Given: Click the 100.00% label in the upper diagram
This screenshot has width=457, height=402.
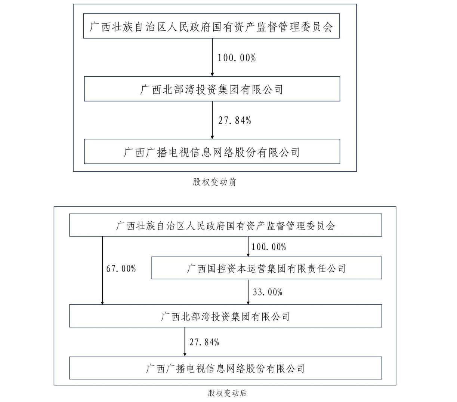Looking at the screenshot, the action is coord(237,58).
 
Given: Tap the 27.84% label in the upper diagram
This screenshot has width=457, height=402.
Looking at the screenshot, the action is coord(235,120).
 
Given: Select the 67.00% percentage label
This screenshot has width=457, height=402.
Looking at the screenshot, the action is coord(121,269).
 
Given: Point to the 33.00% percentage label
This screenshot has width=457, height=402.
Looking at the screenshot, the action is coord(268,292).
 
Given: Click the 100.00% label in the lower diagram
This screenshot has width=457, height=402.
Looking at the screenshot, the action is coord(269,247).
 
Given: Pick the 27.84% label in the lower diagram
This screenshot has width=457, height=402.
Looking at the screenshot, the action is coord(204,342).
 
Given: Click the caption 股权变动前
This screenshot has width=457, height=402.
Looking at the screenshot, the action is coord(214,182).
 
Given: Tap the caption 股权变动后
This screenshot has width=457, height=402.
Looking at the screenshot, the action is coord(227,393).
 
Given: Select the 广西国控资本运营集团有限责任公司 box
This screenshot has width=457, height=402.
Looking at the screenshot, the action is coord(267,268).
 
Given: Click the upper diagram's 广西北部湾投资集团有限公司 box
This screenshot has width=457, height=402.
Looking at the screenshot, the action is coord(212,89).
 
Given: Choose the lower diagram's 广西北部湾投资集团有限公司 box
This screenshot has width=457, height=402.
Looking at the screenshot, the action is coord(226,316).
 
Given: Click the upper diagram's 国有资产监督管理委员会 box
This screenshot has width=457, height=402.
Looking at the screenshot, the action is coord(211,26).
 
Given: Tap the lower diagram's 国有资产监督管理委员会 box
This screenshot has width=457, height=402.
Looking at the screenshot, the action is coord(226,225).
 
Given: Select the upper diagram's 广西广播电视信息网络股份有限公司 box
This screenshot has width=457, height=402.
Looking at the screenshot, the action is coord(212,151).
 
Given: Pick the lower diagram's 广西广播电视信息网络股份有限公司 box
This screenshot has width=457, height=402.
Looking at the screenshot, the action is coord(226,368).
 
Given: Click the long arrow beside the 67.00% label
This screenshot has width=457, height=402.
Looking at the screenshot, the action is coord(102,270).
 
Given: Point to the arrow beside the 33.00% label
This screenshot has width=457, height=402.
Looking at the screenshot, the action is coord(248,292).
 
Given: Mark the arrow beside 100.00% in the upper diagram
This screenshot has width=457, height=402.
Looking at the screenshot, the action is coord(212,57).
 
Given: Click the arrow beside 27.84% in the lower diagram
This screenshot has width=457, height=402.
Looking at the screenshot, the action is coord(185,342).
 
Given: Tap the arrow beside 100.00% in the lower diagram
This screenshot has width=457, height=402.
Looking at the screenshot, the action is coord(248,246).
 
